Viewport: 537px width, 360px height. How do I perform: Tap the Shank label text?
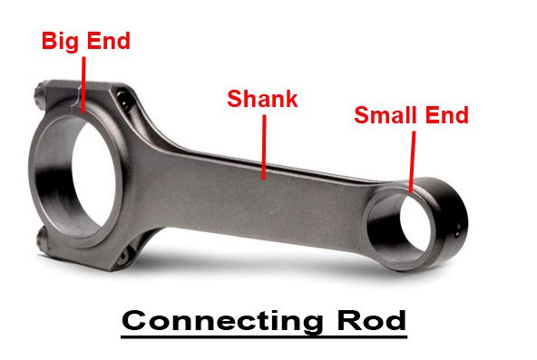point(262,98)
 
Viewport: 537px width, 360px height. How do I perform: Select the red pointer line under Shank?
point(262,145)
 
